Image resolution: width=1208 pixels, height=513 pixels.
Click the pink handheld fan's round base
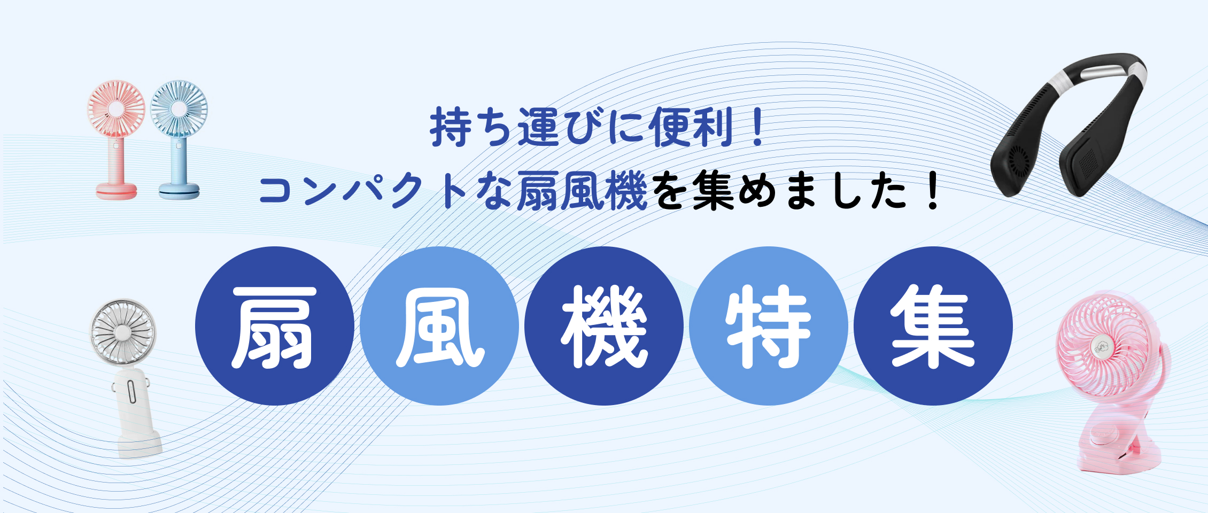[x=116, y=191]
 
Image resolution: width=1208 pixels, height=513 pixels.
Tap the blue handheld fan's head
[x=179, y=109]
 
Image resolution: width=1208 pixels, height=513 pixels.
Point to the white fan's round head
[x=122, y=332]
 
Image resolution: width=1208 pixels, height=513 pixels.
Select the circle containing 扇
[x=275, y=326]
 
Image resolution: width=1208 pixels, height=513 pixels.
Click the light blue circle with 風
[x=439, y=326]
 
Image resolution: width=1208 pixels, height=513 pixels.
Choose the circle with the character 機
[x=604, y=326]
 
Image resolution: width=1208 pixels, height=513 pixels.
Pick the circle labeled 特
[x=769, y=326]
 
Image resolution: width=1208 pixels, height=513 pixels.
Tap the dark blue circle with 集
[x=933, y=326]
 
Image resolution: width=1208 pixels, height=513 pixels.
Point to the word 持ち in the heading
[x=472, y=127]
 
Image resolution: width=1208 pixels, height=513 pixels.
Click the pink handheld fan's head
[x=116, y=109]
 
